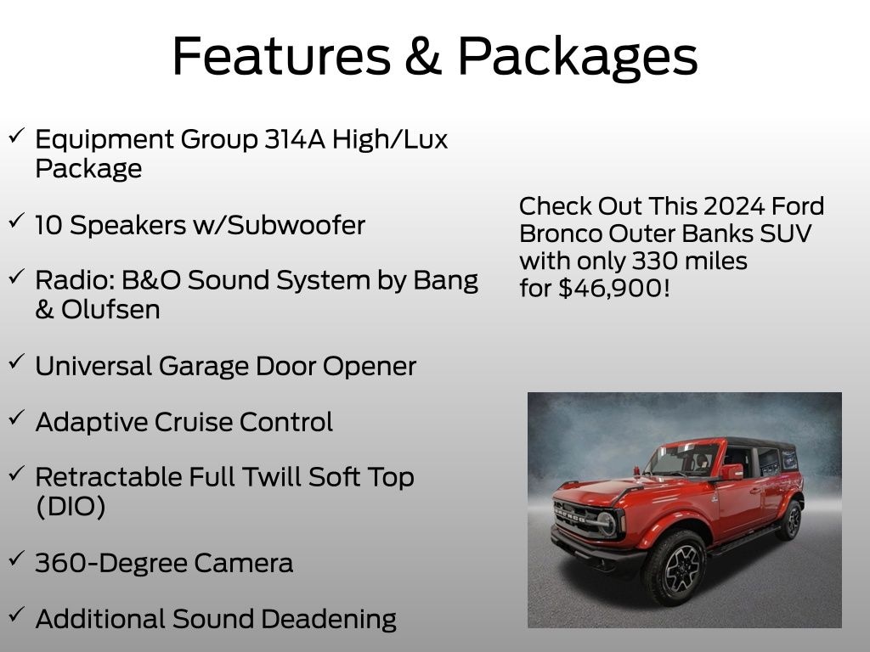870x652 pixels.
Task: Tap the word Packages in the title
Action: (578, 58)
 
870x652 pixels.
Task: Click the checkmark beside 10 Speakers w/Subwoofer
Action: (16, 222)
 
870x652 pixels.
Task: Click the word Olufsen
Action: (110, 309)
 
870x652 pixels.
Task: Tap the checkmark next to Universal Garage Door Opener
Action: (16, 363)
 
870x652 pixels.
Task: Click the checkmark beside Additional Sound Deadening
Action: (16, 615)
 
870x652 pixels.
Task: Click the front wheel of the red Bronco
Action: (677, 568)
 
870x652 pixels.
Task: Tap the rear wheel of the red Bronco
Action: (790, 520)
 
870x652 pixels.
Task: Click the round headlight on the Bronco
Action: (606, 523)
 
